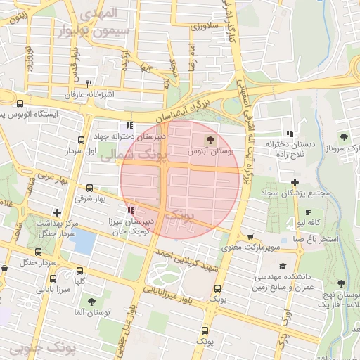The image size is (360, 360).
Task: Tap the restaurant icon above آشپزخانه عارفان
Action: click(x=89, y=83)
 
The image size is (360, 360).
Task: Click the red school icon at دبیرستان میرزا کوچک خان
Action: click(x=131, y=210)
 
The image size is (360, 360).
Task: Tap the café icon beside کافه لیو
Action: click(x=307, y=212)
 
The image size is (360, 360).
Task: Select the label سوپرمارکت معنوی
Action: click(x=251, y=247)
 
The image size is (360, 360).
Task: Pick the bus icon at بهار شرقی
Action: click(x=89, y=188)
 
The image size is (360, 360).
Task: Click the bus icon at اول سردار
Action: click(x=82, y=140)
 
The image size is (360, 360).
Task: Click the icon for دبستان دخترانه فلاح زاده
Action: click(x=289, y=134)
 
